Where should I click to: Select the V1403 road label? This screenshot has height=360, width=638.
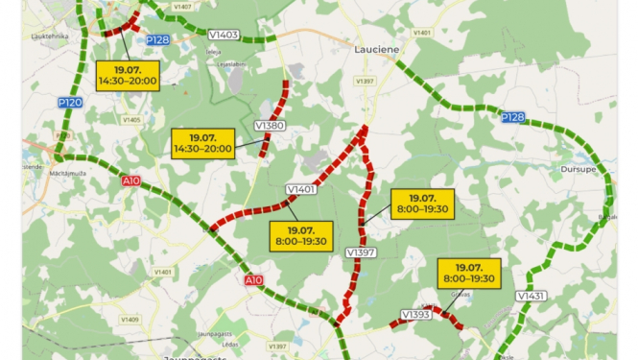pyautogui.click(x=223, y=35)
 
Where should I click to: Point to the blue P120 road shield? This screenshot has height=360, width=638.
pyautogui.click(x=69, y=103)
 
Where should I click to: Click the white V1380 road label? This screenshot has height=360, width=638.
pyautogui.click(x=270, y=126)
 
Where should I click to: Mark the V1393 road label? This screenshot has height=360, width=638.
pyautogui.click(x=416, y=315)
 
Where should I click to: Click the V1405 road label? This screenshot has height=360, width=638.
pyautogui.click(x=131, y=120)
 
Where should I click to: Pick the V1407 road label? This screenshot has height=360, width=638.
pyautogui.click(x=181, y=6)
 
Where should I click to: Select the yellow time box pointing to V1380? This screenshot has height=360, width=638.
pyautogui.click(x=203, y=143)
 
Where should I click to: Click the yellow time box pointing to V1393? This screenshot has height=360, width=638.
pyautogui.click(x=468, y=273)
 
